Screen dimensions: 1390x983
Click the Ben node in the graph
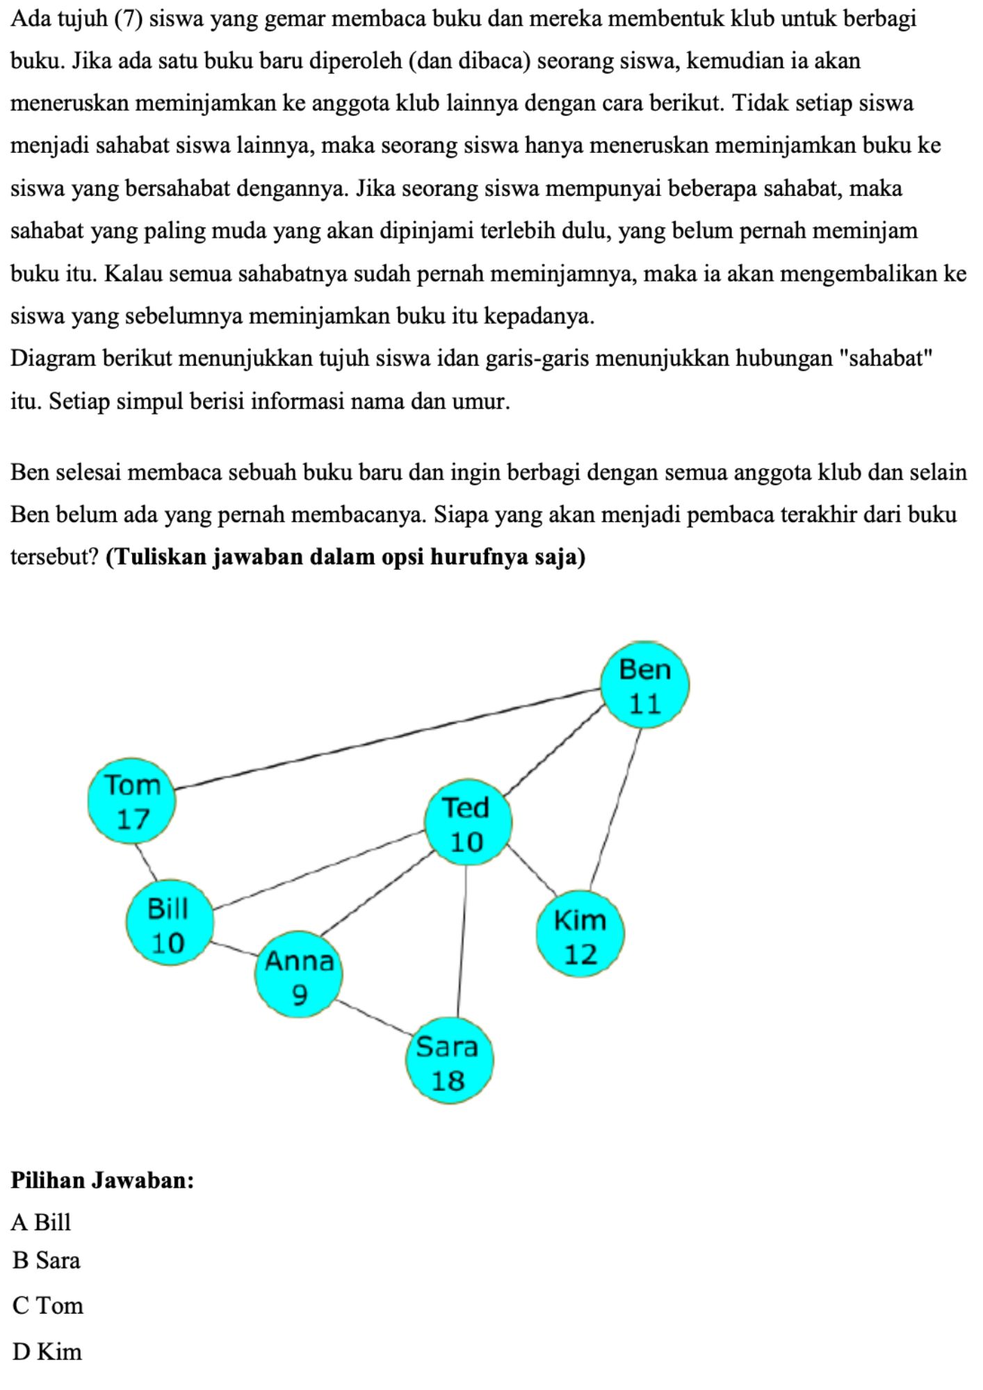[644, 685]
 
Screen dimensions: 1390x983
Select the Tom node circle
[132, 801]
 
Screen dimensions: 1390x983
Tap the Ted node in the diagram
[467, 824]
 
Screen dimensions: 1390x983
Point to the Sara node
[449, 1062]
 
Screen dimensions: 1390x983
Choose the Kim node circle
[580, 935]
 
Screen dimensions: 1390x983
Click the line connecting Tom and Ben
[387, 739]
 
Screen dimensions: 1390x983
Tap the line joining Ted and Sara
[462, 942]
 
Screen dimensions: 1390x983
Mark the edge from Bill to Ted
[318, 869]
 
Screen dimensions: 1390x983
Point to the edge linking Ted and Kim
[533, 869]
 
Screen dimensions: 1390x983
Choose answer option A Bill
[42, 1222]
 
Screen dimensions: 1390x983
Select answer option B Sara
[46, 1261]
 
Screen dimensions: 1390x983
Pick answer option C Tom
[47, 1305]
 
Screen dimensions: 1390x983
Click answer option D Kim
[47, 1351]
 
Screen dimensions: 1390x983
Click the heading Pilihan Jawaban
[101, 1179]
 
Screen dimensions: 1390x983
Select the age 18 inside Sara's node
[448, 1081]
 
